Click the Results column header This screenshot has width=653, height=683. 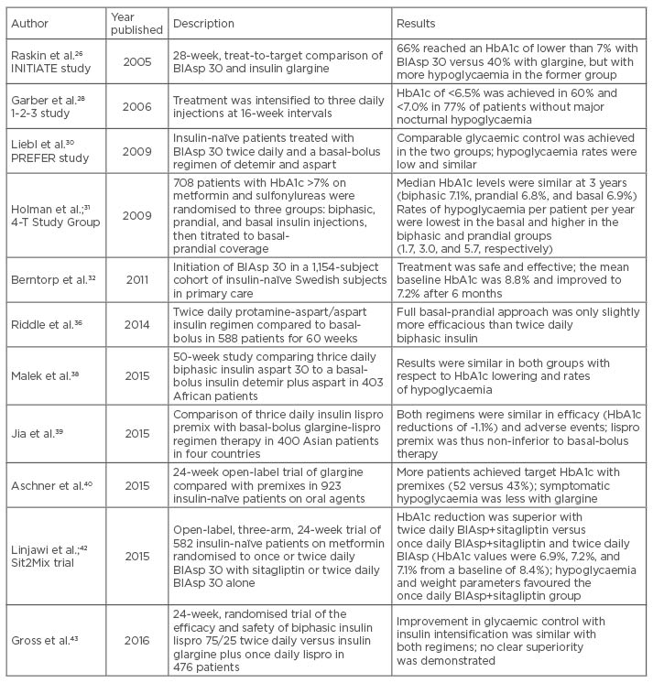pyautogui.click(x=416, y=23)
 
